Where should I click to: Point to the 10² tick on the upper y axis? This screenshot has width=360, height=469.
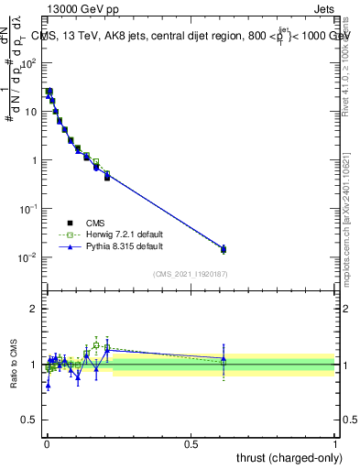pos(28,63)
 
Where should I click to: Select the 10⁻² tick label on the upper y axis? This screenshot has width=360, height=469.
pos(28,257)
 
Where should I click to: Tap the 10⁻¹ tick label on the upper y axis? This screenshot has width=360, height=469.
pos(28,209)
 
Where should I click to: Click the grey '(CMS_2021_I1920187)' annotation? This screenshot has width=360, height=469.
pos(190,274)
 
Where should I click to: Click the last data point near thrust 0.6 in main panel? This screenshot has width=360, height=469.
pos(224,249)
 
